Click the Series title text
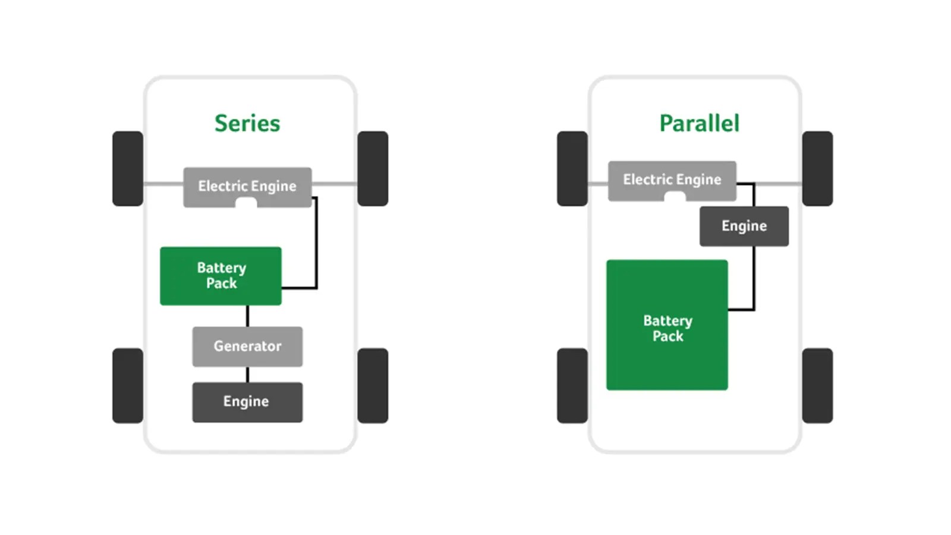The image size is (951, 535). point(247,124)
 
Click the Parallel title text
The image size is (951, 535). point(699,124)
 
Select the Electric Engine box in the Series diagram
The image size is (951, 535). point(247,186)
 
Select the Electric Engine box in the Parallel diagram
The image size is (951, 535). point(672,180)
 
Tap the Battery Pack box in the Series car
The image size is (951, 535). point(221,276)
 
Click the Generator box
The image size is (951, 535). point(247,346)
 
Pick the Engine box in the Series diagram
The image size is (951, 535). point(247,402)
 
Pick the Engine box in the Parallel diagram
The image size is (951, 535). point(744,226)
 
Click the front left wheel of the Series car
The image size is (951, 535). point(128,168)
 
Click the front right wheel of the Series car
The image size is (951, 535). point(373,168)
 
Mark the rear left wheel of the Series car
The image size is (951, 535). point(128,385)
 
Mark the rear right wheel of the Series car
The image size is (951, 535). point(373,385)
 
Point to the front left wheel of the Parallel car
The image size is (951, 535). point(572,168)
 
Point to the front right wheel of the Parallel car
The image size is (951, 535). point(817,168)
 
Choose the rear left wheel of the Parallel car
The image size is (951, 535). point(572,385)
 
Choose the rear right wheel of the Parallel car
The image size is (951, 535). point(817,385)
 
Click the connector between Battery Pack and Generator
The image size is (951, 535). point(247,316)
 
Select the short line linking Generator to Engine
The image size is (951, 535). point(247,374)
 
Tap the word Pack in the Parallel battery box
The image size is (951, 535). point(667,336)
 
